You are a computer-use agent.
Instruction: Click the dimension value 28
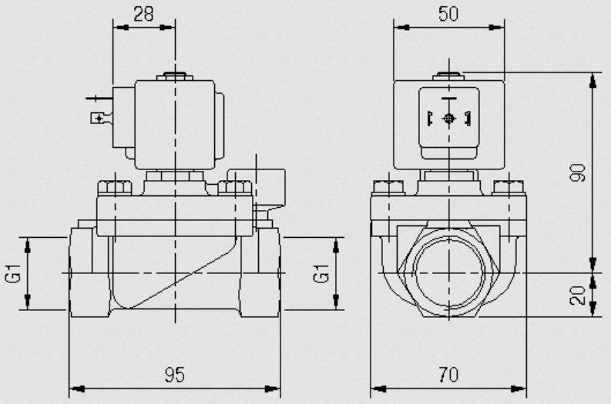pos(143,14)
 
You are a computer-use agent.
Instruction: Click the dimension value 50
pos(448,14)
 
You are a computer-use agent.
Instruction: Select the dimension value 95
pos(174,375)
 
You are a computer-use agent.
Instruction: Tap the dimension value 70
pos(448,375)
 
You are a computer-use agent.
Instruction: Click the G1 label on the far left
pos(14,273)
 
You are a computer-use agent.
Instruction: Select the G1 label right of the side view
pos(321,273)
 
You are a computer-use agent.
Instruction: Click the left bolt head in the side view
pos(115,188)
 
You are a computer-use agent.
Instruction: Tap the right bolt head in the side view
pos(235,188)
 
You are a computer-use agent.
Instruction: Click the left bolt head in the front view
pos(389,187)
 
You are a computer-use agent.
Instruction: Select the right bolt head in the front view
pos(509,187)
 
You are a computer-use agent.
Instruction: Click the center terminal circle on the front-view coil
pos(449,119)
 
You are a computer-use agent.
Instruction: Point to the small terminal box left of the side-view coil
pos(98,118)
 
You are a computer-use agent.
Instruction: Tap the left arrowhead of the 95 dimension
pos(77,389)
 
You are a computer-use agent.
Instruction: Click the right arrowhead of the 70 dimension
pos(519,389)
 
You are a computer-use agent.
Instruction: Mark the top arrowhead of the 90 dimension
pos(593,81)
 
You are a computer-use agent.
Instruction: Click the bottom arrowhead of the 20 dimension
pos(593,309)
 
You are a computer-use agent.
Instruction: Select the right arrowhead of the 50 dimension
pos(496,27)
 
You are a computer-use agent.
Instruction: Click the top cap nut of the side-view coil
pos(175,76)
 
